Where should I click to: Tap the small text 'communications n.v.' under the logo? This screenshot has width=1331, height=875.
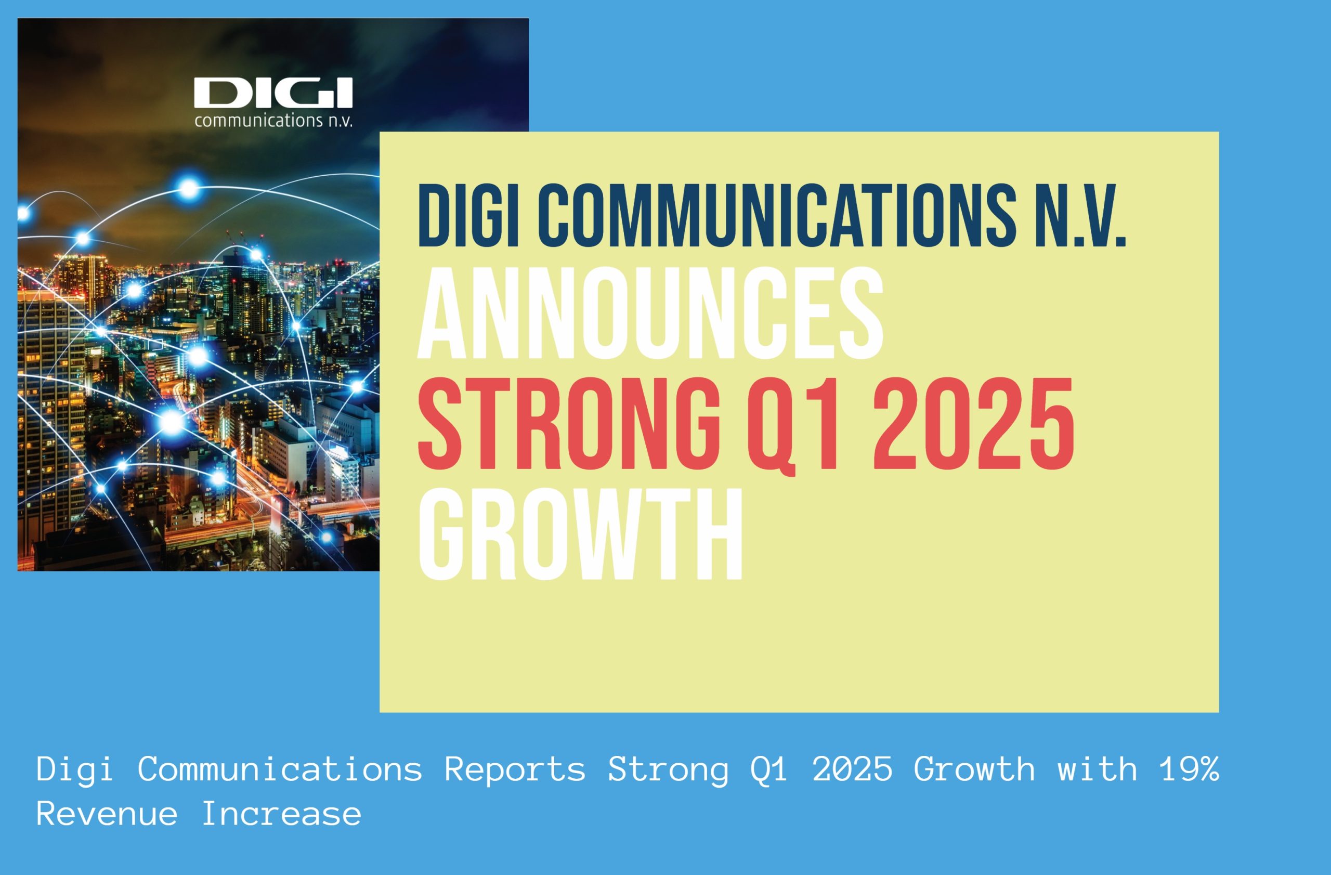[x=273, y=120]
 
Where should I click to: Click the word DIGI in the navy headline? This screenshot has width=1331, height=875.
[x=468, y=215]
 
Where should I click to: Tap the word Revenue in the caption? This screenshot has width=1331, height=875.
[x=107, y=814]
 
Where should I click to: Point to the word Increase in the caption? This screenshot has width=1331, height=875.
[x=281, y=814]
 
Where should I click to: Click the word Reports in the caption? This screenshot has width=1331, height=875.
[x=515, y=769]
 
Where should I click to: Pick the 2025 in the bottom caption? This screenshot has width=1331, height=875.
[x=853, y=769]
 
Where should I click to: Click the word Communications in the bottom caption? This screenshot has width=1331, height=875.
[x=280, y=769]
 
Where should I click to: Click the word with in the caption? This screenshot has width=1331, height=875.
[x=1097, y=769]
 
